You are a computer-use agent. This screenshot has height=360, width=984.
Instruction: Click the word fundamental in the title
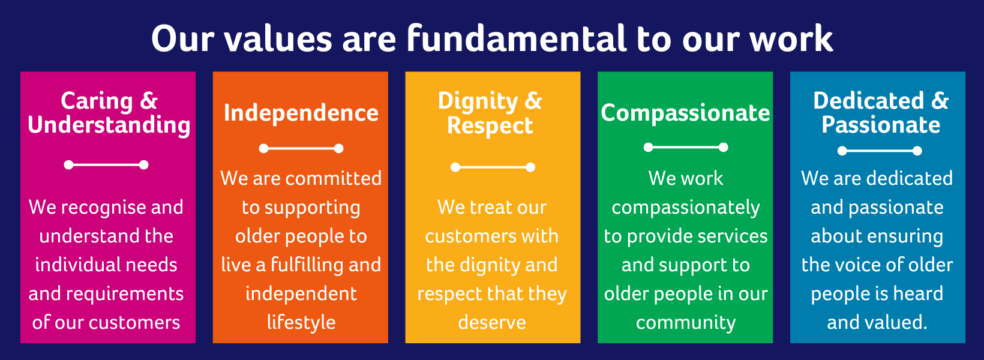pyautogui.click(x=516, y=38)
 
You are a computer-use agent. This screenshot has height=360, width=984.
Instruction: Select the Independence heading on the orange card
pyautogui.click(x=301, y=113)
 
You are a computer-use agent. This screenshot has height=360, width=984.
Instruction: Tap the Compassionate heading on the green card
pyautogui.click(x=685, y=113)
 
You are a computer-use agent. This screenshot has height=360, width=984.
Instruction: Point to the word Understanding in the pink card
pyautogui.click(x=109, y=125)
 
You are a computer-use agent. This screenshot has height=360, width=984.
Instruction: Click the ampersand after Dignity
pyautogui.click(x=533, y=101)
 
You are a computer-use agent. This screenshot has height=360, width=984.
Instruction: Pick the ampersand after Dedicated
pyautogui.click(x=940, y=101)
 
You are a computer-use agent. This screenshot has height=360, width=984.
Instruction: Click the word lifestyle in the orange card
pyautogui.click(x=301, y=323)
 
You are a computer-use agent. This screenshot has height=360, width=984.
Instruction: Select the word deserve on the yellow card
pyautogui.click(x=492, y=323)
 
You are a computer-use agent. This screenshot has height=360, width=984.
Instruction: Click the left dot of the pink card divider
pyautogui.click(x=68, y=165)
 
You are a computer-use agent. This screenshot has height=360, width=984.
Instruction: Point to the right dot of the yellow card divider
pyautogui.click(x=530, y=167)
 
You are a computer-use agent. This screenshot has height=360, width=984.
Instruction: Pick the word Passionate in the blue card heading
pyautogui.click(x=881, y=125)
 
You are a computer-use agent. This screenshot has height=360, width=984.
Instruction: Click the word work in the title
pyautogui.click(x=791, y=39)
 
